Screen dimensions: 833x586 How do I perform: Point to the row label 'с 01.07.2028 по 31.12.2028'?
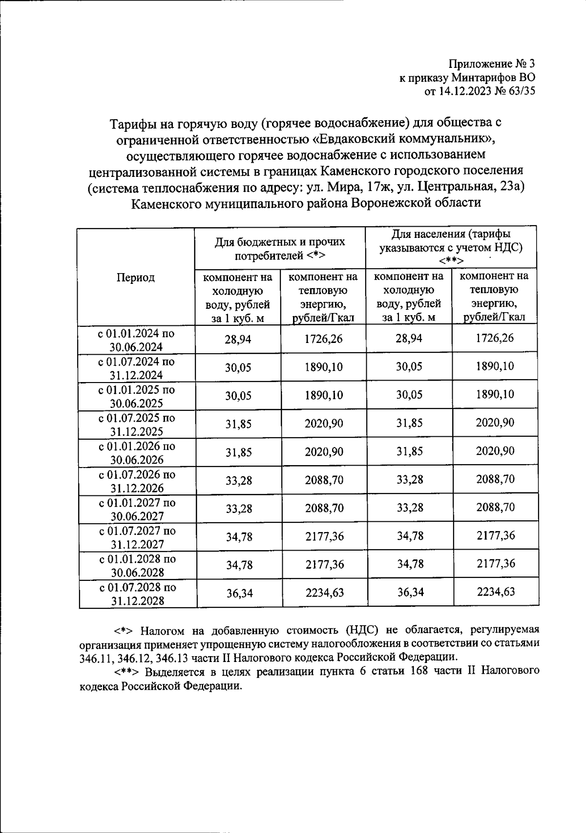(137, 594)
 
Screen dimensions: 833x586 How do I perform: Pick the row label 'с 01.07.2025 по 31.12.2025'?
(137, 425)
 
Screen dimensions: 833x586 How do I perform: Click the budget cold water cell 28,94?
(238, 340)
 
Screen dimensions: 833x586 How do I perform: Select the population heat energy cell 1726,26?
(495, 338)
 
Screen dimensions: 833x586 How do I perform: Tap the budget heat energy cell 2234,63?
(324, 593)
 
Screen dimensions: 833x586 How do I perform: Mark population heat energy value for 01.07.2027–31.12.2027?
(495, 535)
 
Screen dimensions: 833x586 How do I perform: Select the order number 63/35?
(519, 91)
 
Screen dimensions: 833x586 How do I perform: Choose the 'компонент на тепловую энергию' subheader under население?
(494, 296)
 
